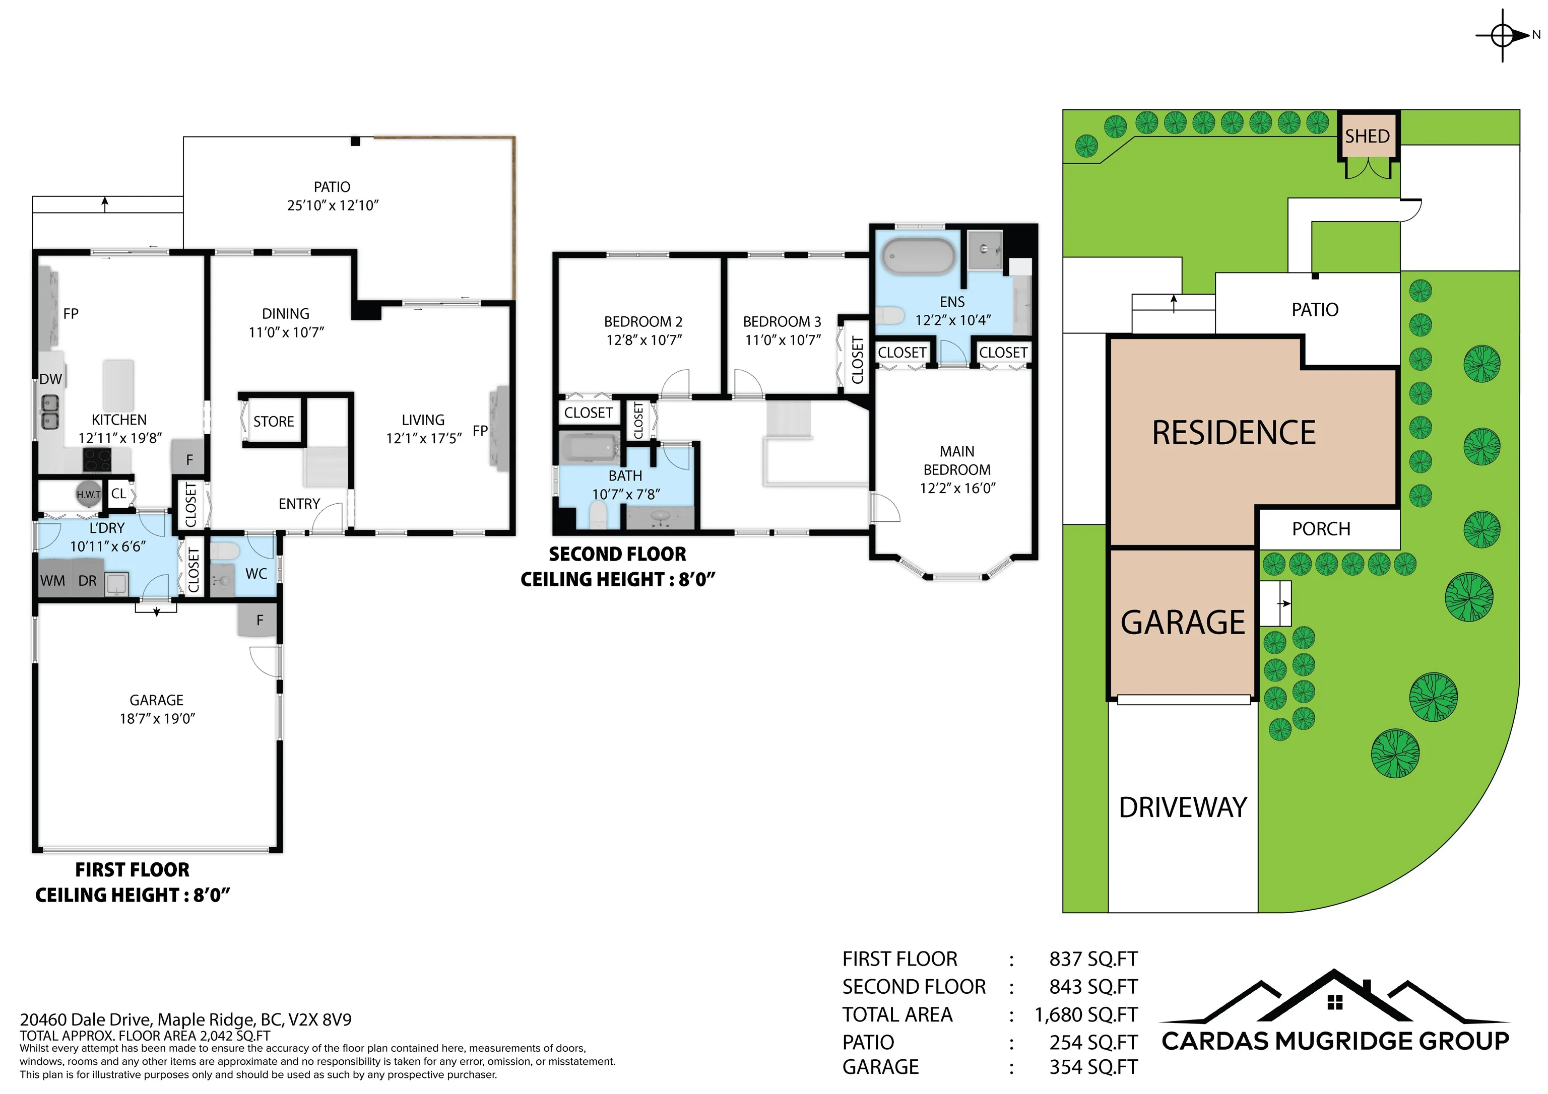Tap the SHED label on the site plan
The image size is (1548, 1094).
[x=1367, y=136]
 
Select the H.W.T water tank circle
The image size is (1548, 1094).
[x=88, y=494]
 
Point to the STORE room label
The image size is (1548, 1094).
[x=274, y=421]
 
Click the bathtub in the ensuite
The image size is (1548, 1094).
[x=919, y=256]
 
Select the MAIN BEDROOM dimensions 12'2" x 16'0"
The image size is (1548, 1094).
[x=957, y=488]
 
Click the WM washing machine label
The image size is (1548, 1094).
[x=52, y=581]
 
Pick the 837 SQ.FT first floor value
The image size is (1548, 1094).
[x=1093, y=959]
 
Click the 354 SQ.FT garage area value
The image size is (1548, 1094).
[x=1093, y=1067]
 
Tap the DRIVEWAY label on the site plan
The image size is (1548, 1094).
[x=1183, y=807]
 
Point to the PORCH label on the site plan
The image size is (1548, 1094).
[x=1321, y=529]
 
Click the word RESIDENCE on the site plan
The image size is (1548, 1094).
[x=1234, y=433]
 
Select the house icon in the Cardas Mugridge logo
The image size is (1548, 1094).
[x=1334, y=1002]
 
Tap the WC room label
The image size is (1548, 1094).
[x=256, y=574]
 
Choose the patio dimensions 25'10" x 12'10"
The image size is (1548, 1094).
[x=333, y=206]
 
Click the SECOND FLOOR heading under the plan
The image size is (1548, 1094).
[x=618, y=554]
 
